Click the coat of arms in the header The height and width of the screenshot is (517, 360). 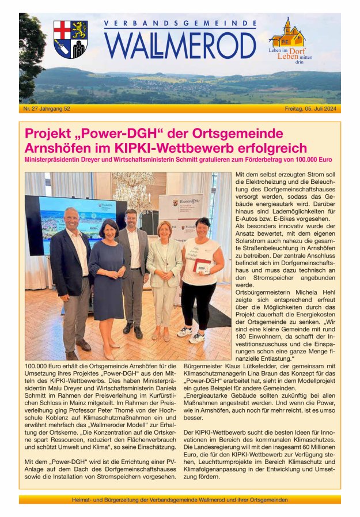tap(70, 39)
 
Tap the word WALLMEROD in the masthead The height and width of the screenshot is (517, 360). tap(180, 46)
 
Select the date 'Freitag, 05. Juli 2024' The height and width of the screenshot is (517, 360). tap(312, 108)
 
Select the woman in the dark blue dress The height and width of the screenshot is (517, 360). tap(107, 265)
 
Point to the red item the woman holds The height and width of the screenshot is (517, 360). tap(202, 267)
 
